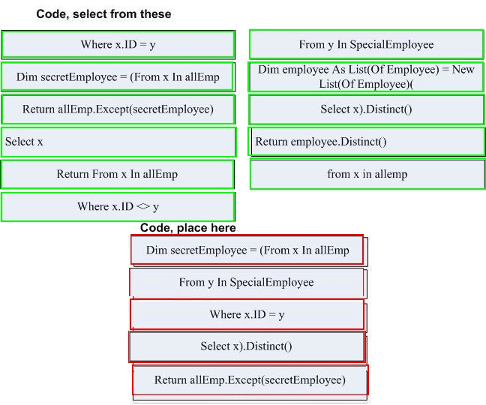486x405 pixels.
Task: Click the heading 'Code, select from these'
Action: (x=103, y=14)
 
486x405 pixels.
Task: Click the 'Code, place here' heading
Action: (x=187, y=228)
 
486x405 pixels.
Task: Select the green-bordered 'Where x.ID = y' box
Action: (x=118, y=44)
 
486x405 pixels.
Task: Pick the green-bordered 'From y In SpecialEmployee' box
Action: (x=366, y=44)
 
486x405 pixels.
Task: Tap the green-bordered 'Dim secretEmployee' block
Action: (x=118, y=76)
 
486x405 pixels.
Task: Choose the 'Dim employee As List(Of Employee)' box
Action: (x=366, y=76)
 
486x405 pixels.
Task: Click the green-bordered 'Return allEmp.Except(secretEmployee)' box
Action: (x=118, y=109)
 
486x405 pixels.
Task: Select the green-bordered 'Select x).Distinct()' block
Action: (x=366, y=109)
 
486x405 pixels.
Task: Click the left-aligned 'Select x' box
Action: (x=118, y=142)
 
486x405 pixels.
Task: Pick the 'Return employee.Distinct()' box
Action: (x=366, y=142)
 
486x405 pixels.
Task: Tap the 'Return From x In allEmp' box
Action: (x=117, y=174)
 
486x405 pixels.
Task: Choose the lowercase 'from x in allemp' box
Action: (x=367, y=174)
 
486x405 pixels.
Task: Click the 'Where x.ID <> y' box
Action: (x=118, y=207)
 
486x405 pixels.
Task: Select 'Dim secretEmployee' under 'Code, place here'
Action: (x=247, y=250)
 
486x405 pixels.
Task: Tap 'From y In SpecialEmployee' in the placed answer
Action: (x=247, y=282)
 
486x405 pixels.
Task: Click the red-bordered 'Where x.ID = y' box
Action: (x=247, y=314)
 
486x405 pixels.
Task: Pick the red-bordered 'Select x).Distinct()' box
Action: (x=247, y=346)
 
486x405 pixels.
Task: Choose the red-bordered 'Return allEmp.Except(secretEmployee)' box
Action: (x=250, y=380)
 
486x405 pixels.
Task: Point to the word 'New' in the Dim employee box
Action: (x=463, y=70)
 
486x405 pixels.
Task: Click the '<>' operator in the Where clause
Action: (x=143, y=206)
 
